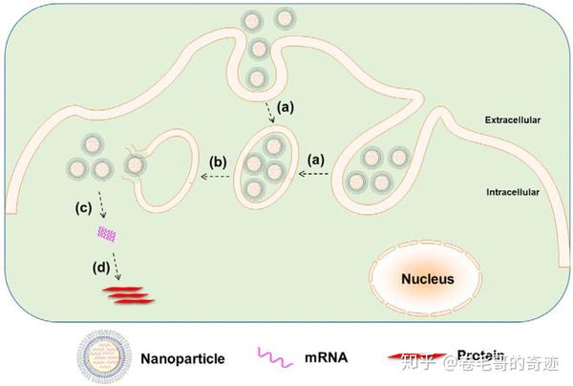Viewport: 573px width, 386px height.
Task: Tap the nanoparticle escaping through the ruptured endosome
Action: point(134,169)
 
